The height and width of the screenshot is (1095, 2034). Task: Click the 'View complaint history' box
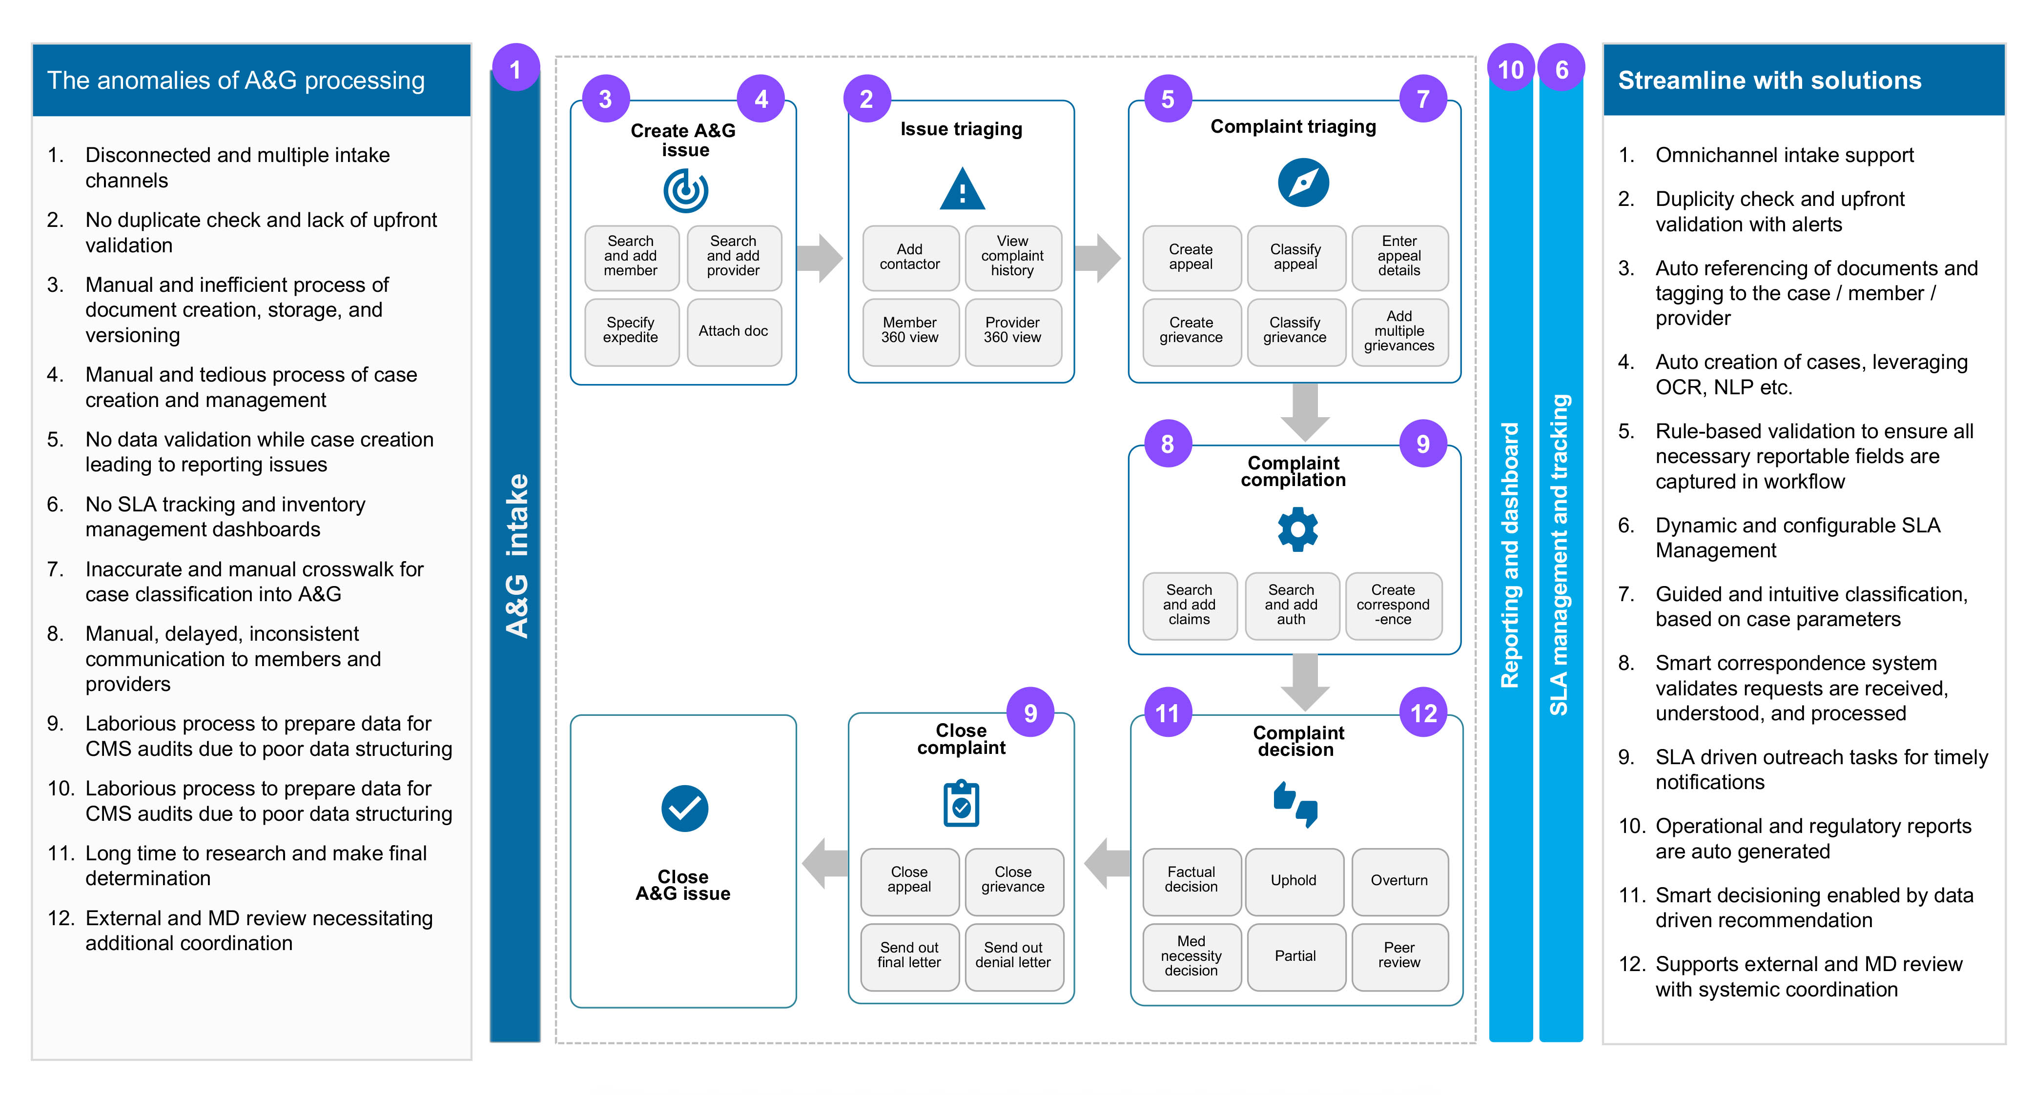point(1012,257)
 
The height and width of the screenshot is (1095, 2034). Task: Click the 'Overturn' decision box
point(1398,880)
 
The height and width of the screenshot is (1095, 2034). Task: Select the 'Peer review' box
point(1398,955)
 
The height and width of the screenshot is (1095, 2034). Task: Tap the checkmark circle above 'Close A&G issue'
point(684,809)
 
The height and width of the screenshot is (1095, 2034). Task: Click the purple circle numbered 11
point(1167,714)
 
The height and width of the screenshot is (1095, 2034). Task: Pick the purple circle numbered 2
point(866,100)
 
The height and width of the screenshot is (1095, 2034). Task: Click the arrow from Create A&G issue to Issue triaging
point(821,258)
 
